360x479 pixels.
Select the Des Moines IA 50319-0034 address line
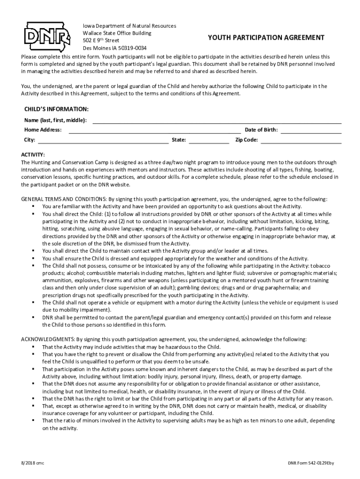pyautogui.click(x=115, y=48)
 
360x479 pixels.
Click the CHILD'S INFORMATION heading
pyautogui.click(x=56, y=109)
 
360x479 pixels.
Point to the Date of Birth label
pyautogui.click(x=261, y=130)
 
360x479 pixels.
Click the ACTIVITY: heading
pyautogui.click(x=33, y=155)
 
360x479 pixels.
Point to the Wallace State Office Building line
pyautogui.click(x=117, y=33)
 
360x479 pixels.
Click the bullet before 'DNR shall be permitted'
pyautogui.click(x=34, y=318)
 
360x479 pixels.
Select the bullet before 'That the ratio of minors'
pyautogui.click(x=34, y=421)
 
